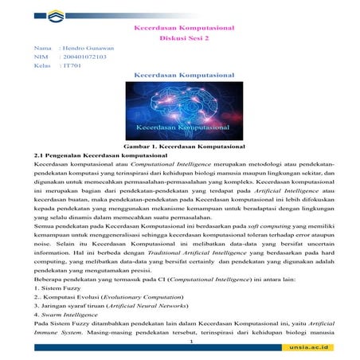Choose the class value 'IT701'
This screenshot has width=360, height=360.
(71, 66)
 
